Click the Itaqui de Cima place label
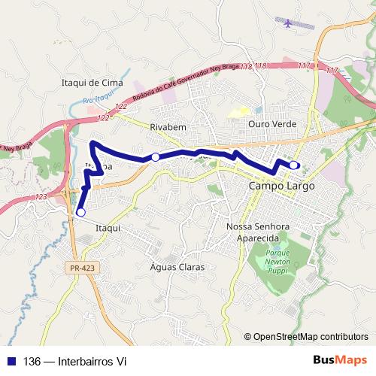90,81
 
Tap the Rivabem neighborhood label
167,127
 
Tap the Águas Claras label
177,267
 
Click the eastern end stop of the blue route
293,165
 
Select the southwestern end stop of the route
80,212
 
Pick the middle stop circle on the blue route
155,156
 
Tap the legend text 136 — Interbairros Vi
75,362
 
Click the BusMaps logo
339,361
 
